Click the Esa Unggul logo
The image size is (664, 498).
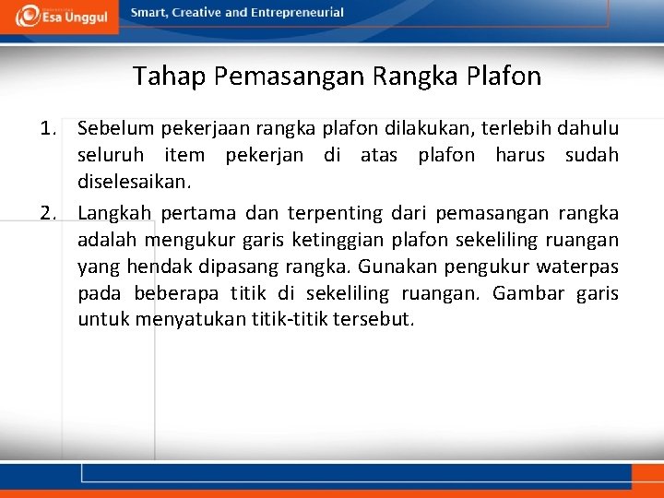(61, 15)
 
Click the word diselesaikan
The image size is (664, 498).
(134, 182)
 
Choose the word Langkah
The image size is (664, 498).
(114, 213)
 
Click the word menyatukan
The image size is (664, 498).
(189, 320)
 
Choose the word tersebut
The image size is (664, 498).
(377, 320)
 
